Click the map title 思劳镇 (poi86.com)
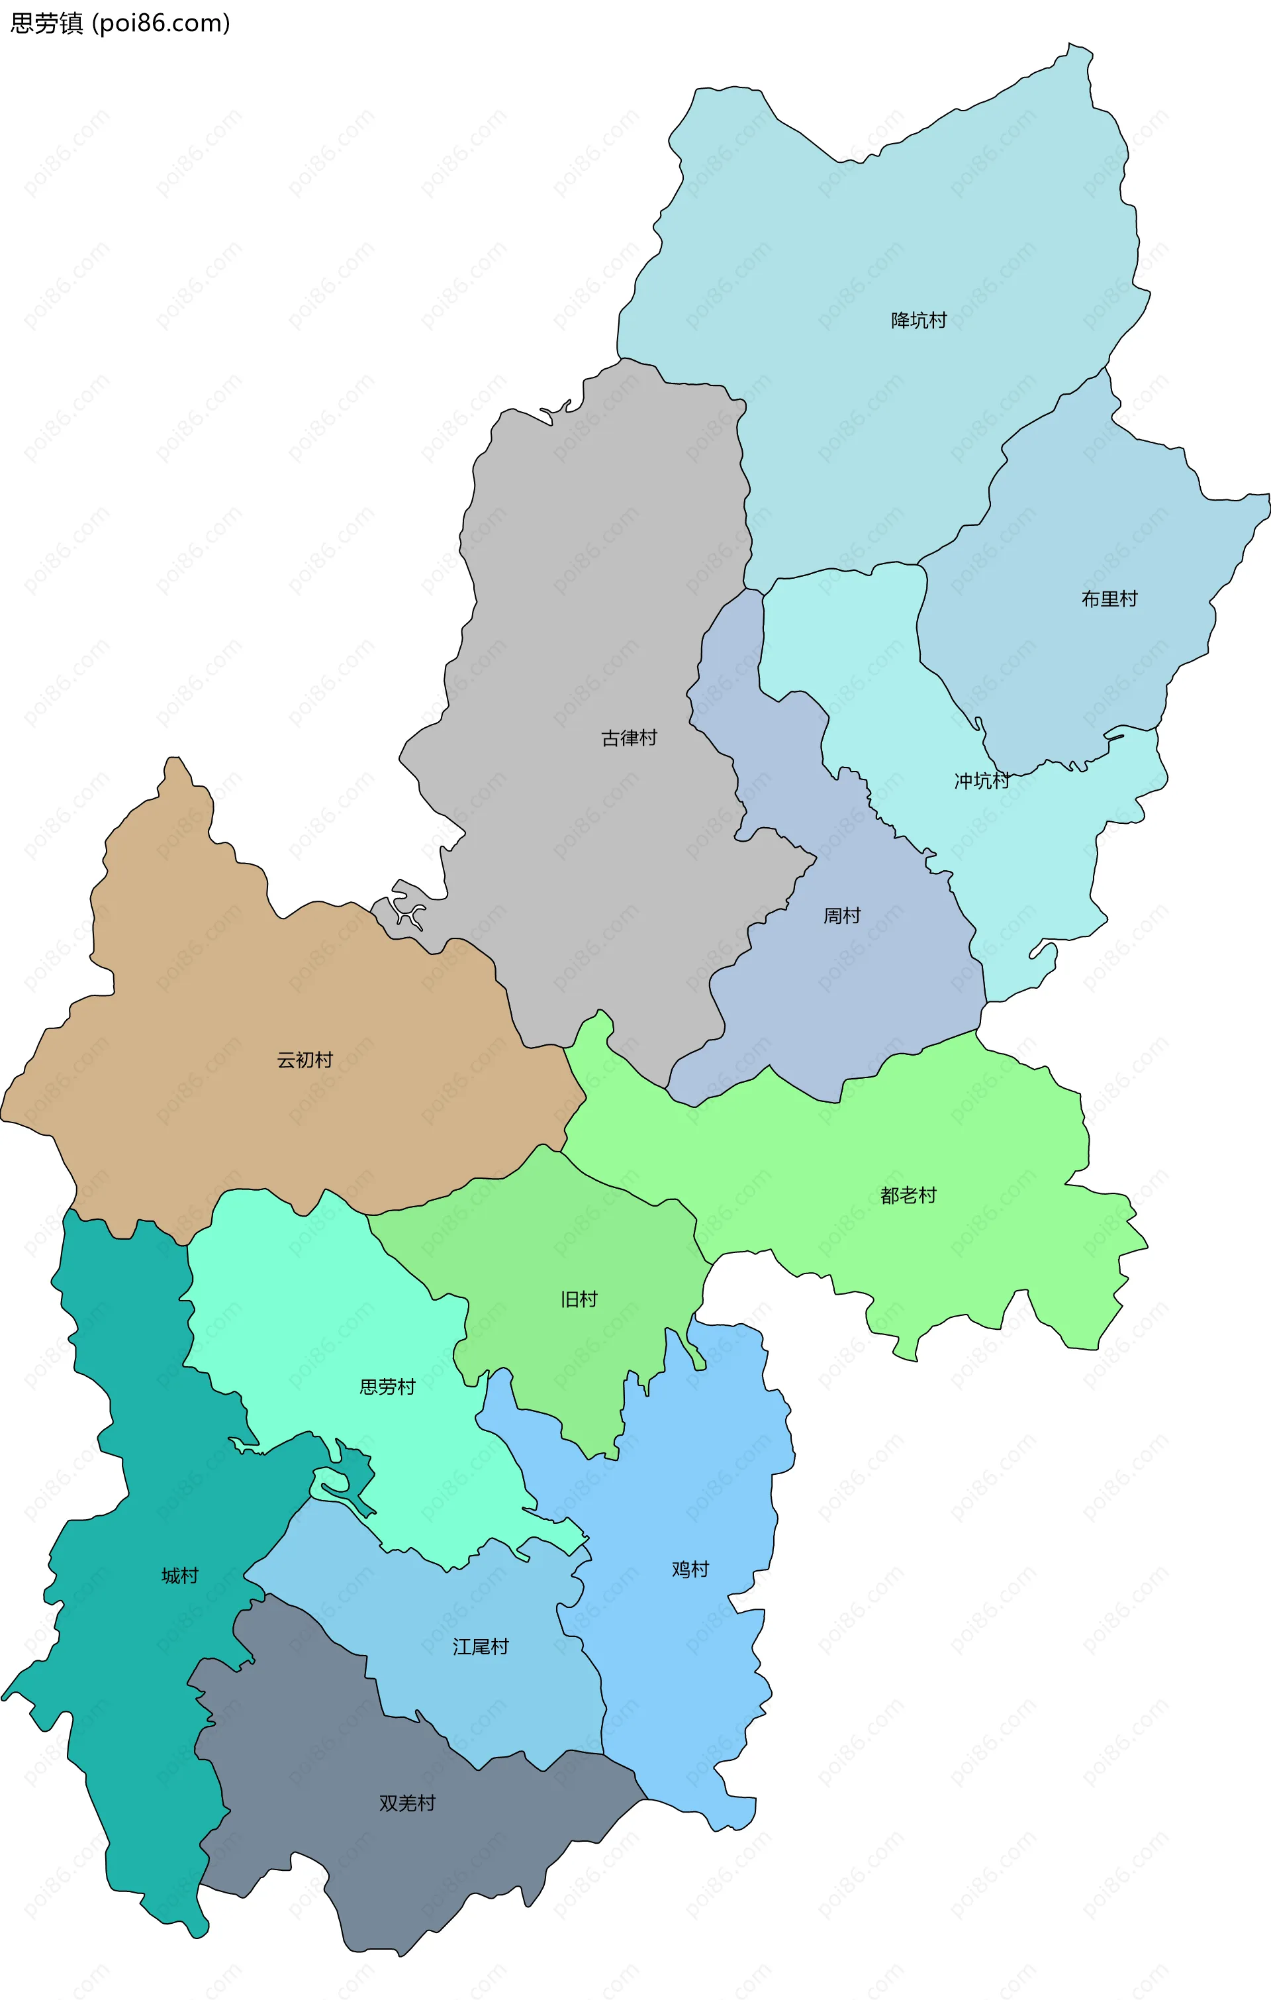[x=120, y=23]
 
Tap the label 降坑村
[x=918, y=321]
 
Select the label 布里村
[x=1108, y=599]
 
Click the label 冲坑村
[x=981, y=781]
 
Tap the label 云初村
[x=305, y=1060]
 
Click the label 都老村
[x=908, y=1195]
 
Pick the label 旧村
[x=579, y=1299]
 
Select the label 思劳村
[x=387, y=1386]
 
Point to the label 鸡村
[x=690, y=1568]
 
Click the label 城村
[x=179, y=1575]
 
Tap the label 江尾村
[x=480, y=1646]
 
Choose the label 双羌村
[x=407, y=1803]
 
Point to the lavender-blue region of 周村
[x=872, y=997]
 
